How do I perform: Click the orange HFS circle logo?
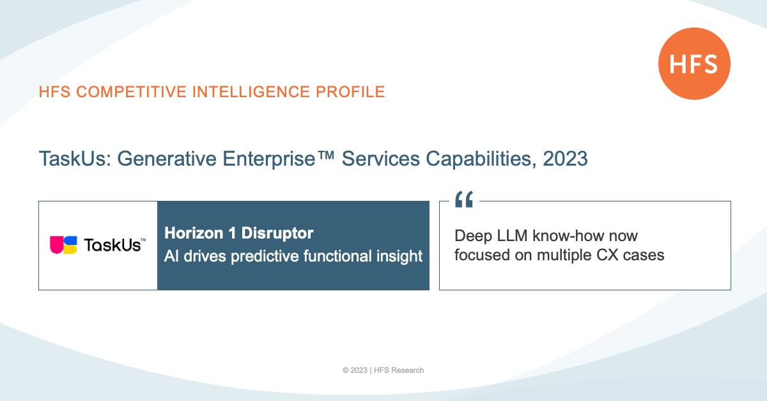[x=694, y=64]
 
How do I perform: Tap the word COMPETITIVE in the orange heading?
[x=131, y=92]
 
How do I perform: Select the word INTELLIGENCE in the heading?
[x=251, y=92]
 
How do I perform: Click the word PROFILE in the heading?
[x=350, y=92]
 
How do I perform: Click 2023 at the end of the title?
[x=565, y=159]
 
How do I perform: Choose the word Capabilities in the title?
[x=481, y=159]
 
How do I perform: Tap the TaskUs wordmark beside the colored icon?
[x=114, y=245]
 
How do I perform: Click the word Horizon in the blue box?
[x=194, y=233]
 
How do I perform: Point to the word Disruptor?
[x=277, y=233]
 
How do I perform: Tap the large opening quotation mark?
[x=464, y=200]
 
